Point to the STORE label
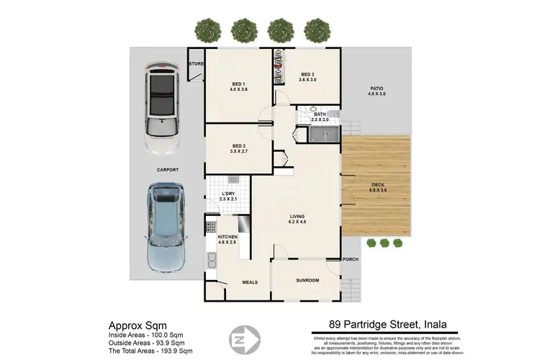coord(195,64)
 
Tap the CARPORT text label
coord(166,169)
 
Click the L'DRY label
coord(228,193)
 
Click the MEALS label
coord(250,282)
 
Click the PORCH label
coord(351,259)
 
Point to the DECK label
coord(377,186)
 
